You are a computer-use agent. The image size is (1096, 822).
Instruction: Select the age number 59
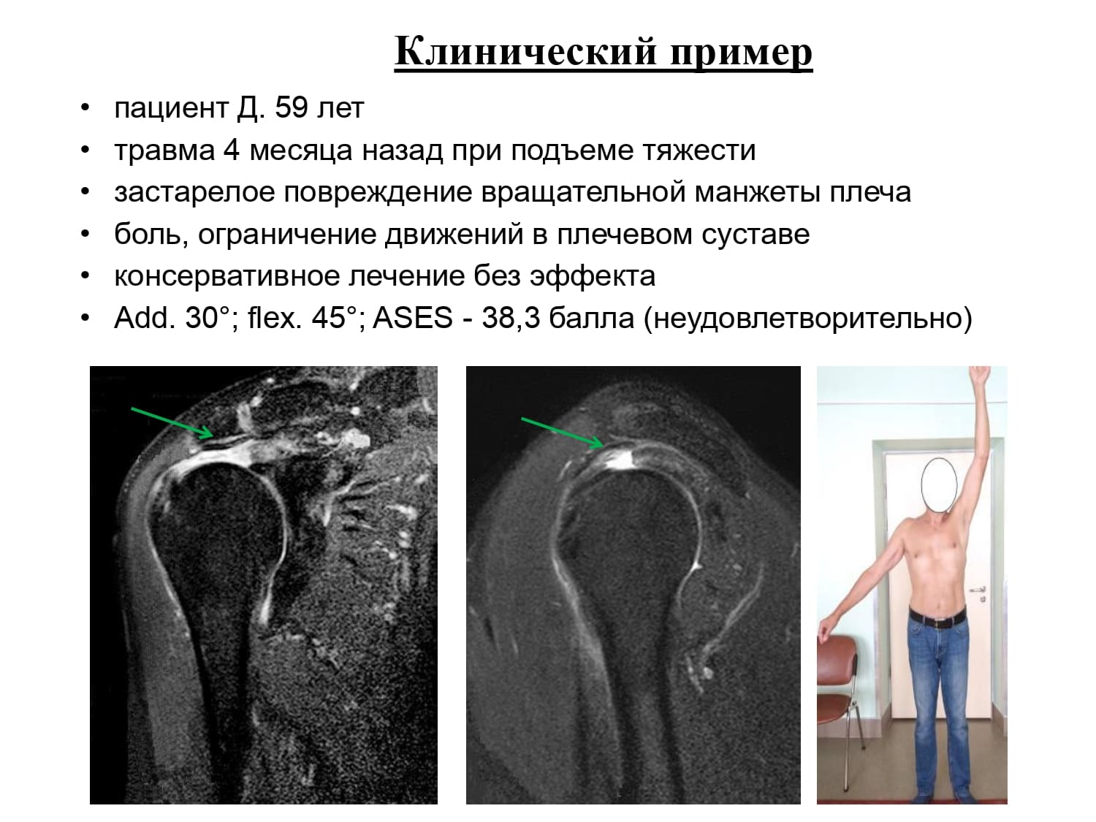[x=291, y=107]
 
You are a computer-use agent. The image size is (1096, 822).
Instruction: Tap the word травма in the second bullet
[x=164, y=151]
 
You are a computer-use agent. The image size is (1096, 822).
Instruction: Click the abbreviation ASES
[x=412, y=318]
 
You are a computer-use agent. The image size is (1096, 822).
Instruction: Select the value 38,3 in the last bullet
[x=510, y=319]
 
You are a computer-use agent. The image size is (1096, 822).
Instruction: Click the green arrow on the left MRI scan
[x=173, y=423]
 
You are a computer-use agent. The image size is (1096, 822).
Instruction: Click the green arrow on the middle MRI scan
[x=562, y=433]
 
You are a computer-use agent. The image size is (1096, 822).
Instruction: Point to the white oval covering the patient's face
[x=939, y=485]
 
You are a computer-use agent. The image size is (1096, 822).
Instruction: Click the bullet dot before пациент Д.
[x=85, y=108]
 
